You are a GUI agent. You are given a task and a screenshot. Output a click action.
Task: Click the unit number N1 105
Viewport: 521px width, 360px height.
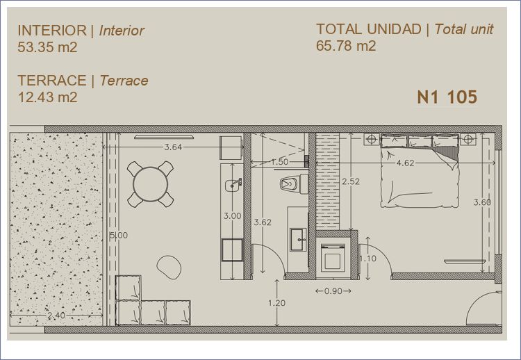coord(447,97)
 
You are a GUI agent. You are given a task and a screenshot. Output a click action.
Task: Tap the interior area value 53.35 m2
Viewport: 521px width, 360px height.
coord(47,47)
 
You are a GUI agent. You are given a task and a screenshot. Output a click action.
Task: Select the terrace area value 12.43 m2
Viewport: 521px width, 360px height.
coord(47,97)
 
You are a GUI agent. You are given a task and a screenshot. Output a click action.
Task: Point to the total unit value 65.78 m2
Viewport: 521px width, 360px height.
coord(346,46)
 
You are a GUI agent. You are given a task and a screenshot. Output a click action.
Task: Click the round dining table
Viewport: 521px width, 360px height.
coord(150,184)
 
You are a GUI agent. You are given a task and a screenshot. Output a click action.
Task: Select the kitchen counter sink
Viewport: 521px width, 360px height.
coord(233,185)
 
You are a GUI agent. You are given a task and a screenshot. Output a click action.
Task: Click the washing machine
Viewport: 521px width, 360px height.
coord(333,258)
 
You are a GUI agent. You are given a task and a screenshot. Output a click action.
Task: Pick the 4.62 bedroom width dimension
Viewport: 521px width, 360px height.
coord(406,163)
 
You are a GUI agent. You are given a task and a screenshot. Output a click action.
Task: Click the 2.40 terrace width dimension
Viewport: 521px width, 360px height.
coord(56,315)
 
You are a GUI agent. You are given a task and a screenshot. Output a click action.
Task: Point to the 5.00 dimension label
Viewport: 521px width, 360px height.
coord(119,236)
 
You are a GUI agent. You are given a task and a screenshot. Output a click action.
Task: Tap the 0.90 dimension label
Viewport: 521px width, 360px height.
coord(333,291)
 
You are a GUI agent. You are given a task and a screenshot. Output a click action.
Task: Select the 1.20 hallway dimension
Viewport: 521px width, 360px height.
coord(276,303)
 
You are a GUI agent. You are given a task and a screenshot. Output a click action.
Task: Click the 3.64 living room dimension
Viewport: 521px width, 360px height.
coord(173,147)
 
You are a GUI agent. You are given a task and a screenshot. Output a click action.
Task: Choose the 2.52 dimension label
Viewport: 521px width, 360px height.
coord(351,181)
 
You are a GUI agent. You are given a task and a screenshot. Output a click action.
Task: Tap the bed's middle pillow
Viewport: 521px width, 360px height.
coord(420,141)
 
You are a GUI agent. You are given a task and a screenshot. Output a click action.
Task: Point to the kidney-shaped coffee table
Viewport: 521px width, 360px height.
coord(169,267)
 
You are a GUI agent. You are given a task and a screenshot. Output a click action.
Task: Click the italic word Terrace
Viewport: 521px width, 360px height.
coord(124,81)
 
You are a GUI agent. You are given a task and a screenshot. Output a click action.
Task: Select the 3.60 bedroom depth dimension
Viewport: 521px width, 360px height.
coord(482,202)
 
